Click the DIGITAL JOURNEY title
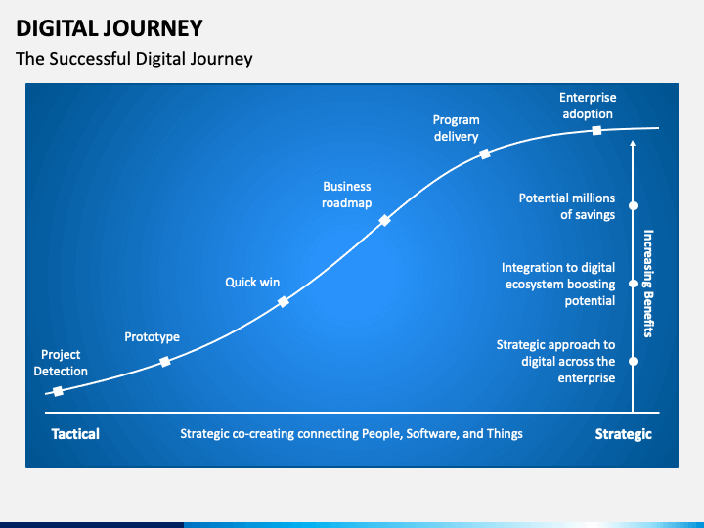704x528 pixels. (x=110, y=28)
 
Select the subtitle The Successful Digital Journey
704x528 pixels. (x=134, y=59)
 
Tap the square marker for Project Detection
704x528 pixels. (x=58, y=391)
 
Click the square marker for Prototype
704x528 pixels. (x=165, y=362)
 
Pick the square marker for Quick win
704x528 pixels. (x=283, y=302)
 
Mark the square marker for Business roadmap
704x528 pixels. (x=384, y=220)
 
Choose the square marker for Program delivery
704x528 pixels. (x=485, y=154)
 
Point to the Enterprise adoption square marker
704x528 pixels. (x=596, y=130)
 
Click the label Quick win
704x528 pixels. (x=252, y=282)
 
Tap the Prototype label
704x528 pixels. (x=152, y=336)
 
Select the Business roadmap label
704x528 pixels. (x=346, y=195)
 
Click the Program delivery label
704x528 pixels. (x=457, y=128)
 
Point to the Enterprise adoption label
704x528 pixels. (x=588, y=106)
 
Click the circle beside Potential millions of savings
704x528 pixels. (x=633, y=205)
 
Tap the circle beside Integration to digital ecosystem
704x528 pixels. (x=633, y=284)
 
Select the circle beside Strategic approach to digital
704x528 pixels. (x=633, y=361)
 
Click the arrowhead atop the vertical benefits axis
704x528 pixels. (x=633, y=143)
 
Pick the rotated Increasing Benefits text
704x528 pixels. (x=648, y=284)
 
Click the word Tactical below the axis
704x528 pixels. (x=75, y=434)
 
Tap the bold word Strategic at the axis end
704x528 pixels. (x=623, y=434)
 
